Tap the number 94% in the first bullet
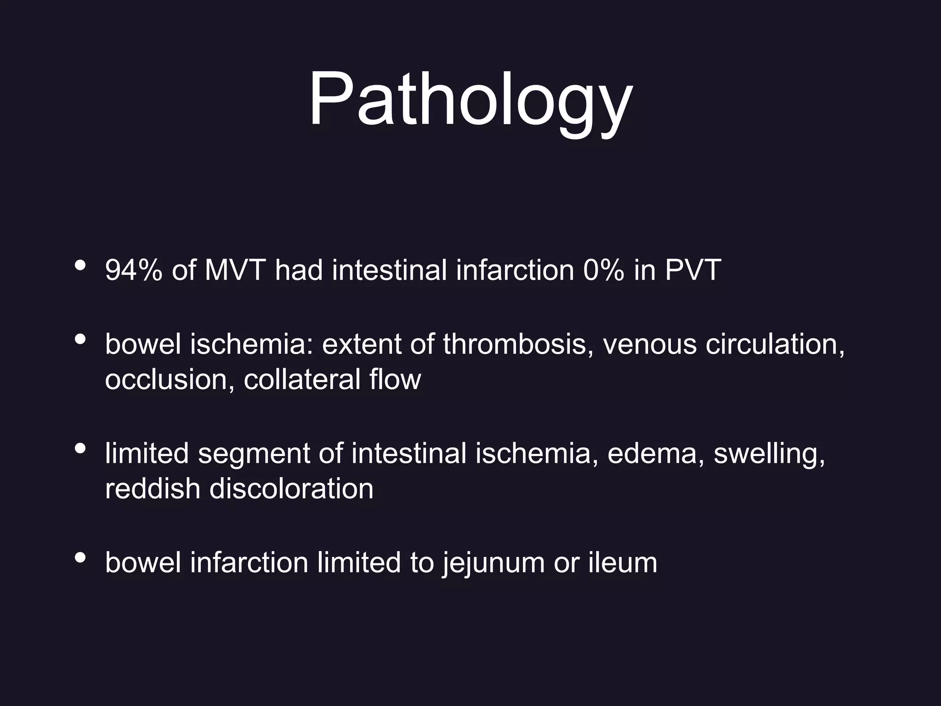coord(133,270)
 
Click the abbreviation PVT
coord(693,270)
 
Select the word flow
coord(395,380)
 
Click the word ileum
coord(623,563)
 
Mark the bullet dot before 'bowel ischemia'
coord(80,339)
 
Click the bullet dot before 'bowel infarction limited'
coord(80,558)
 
